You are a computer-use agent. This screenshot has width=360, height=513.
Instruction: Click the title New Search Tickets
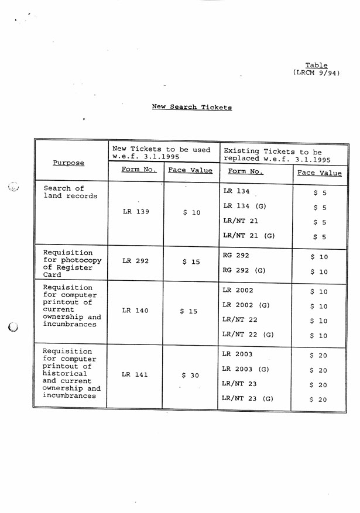[x=191, y=107]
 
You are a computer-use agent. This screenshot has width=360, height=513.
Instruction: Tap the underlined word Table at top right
[x=316, y=66]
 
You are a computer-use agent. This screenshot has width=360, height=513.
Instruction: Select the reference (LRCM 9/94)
[x=316, y=73]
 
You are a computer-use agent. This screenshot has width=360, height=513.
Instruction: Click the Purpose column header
[x=68, y=163]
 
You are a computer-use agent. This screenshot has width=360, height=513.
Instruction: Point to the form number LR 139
[x=136, y=212]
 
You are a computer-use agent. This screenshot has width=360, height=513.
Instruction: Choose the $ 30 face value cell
[x=191, y=375]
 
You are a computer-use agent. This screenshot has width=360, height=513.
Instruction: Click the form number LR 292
[x=136, y=261]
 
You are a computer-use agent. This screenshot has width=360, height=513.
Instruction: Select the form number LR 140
[x=136, y=311]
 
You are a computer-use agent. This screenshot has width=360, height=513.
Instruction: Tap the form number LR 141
[x=136, y=375]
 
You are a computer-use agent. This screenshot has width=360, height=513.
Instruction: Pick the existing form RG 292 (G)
[x=244, y=270]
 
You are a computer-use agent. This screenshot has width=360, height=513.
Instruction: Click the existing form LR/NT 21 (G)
[x=249, y=236]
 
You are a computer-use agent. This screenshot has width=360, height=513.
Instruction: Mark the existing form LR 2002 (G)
[x=246, y=305]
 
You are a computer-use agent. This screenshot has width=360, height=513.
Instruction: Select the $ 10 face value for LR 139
[x=191, y=212]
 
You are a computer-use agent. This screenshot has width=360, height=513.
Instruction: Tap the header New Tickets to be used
[x=161, y=153]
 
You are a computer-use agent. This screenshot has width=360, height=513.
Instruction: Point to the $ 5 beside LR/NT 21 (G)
[x=320, y=237]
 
